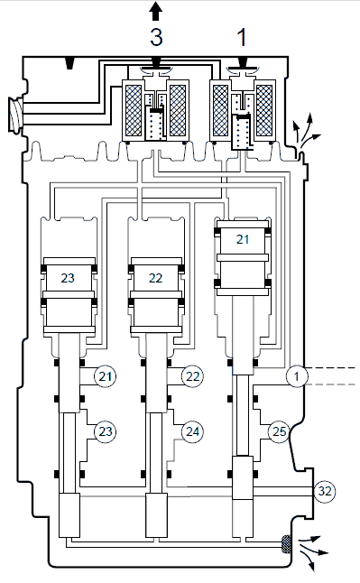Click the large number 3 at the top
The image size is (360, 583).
pos(156,37)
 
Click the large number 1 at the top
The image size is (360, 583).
pos(242,38)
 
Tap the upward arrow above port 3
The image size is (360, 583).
pos(156,11)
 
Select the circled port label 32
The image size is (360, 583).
pos(325,491)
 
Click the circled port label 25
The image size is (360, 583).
pos(279,431)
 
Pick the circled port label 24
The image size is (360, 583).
pos(192,431)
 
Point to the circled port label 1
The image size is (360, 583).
pos(297,376)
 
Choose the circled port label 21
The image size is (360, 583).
pos(106,376)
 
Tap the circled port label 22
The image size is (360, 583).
pos(192,376)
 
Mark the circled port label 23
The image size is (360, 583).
pos(106,431)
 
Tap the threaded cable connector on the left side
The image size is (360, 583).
pos(15,115)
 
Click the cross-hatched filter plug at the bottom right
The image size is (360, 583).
pos(286,544)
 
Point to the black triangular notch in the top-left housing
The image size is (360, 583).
pos(69,63)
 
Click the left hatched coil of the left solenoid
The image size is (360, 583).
pos(134,110)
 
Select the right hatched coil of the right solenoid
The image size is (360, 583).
pos(264,110)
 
